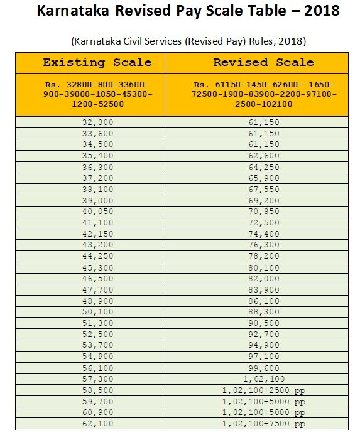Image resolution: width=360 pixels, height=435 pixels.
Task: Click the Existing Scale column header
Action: tap(97, 62)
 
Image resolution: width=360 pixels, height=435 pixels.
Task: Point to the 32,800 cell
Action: tap(97, 122)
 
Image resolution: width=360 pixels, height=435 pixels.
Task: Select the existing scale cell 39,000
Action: tap(97, 200)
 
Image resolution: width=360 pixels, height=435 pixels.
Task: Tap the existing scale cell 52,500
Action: tap(97, 334)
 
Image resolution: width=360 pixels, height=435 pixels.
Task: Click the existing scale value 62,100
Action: tap(97, 424)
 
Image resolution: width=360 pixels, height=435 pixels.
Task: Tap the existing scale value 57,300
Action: tap(97, 379)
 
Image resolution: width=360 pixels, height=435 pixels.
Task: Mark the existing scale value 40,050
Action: tap(97, 211)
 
